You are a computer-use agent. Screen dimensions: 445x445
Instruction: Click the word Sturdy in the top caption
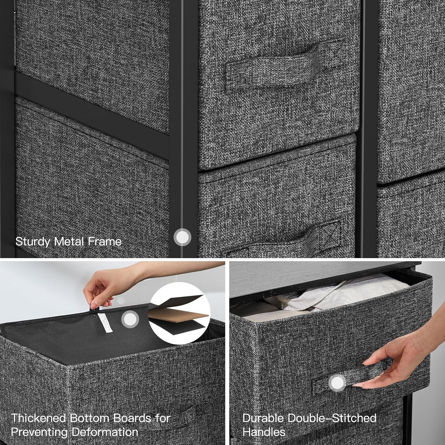point(33,241)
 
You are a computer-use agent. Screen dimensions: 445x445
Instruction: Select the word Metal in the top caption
point(69,241)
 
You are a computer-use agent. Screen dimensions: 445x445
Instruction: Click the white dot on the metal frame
point(182,237)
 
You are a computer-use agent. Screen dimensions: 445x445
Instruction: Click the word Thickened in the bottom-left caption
point(39,418)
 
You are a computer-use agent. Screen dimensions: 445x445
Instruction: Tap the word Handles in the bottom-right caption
point(264,432)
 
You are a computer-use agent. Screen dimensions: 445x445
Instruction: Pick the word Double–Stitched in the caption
point(332,418)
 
